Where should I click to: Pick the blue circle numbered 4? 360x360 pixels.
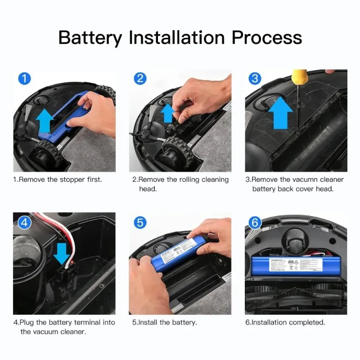tap(24, 222)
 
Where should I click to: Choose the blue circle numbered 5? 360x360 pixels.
tap(140, 222)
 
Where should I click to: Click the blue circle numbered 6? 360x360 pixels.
tap(255, 222)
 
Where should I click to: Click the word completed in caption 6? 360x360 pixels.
tap(306, 323)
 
